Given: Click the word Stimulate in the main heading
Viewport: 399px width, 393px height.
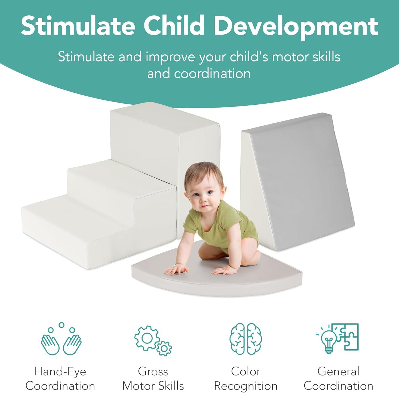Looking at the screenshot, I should pos(78,26).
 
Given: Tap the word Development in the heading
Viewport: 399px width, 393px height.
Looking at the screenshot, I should pos(296,26).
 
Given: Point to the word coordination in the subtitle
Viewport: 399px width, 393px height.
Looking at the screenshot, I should pos(212,74).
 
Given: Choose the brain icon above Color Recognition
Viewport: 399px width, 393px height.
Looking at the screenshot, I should pos(246,339).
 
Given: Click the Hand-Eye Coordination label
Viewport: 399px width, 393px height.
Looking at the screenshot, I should pos(60,378).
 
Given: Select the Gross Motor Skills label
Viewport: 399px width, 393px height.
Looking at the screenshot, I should pos(153,378).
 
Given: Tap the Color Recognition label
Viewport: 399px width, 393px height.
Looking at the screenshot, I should pos(246,378).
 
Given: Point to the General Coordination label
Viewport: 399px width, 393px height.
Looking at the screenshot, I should pos(338,378).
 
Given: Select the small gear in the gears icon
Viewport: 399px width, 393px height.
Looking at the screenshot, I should pos(164,348).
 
